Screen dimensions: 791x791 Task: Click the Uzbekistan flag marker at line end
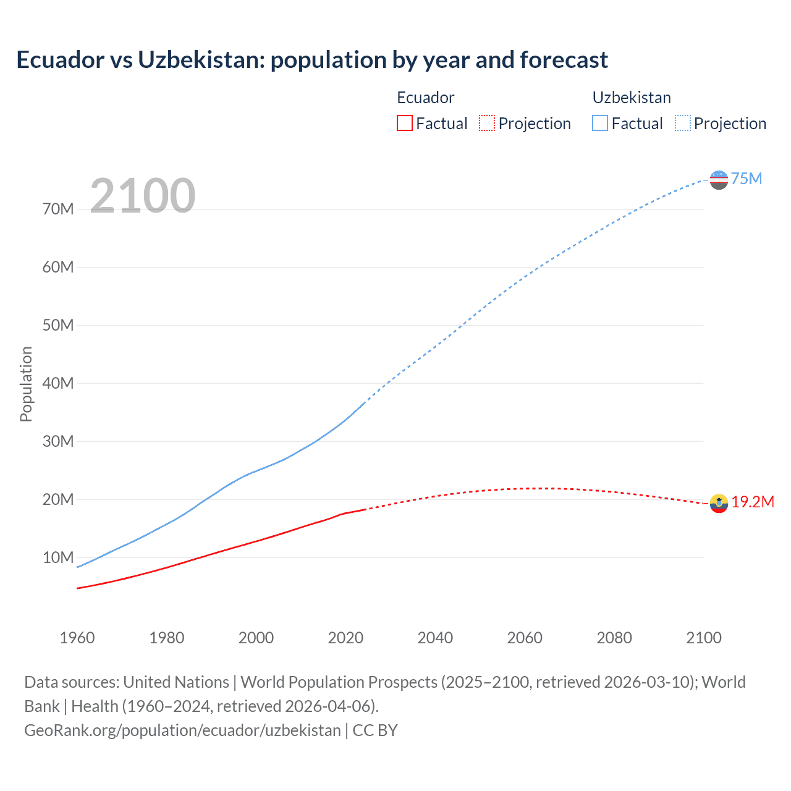pos(719,180)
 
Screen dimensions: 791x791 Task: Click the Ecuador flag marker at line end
pos(719,504)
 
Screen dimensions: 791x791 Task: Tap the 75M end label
pos(747,179)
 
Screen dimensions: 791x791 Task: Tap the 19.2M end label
pos(753,502)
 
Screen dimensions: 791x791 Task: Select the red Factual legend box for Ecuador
pos(404,123)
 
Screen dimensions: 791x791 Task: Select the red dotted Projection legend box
pos(487,123)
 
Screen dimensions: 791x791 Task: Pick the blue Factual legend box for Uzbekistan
pos(600,123)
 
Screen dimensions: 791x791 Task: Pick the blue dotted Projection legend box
pos(683,123)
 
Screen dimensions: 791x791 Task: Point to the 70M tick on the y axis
pos(58,209)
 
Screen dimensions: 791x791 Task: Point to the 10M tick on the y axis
pos(58,557)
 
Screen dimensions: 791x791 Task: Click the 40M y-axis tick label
pos(58,383)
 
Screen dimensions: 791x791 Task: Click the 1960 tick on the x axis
pos(77,638)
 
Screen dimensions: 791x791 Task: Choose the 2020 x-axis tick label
pos(345,638)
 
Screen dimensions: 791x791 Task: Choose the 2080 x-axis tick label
pos(614,638)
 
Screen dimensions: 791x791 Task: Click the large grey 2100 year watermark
pos(143,196)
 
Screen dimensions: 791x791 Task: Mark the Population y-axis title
pos(26,384)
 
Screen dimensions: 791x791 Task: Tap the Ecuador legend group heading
pos(425,98)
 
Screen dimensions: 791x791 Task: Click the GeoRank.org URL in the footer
pos(182,730)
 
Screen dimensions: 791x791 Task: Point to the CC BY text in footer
pos(375,730)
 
